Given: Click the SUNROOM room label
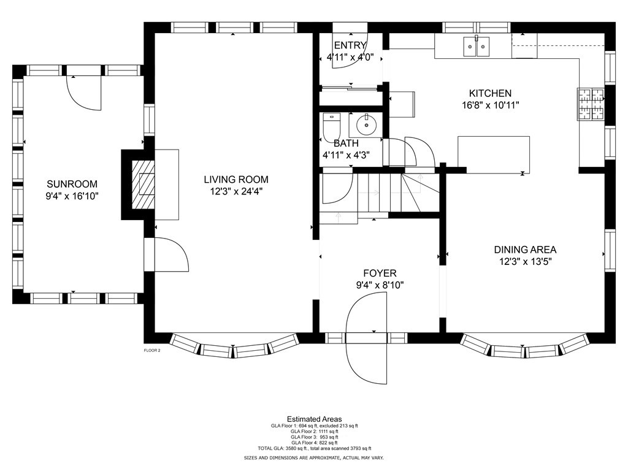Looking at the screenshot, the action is tap(72, 184).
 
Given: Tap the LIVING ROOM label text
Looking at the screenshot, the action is tap(236, 180).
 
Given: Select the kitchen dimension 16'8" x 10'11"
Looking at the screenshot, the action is tap(490, 105).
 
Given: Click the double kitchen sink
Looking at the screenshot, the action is tap(477, 47).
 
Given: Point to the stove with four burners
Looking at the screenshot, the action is tap(591, 104).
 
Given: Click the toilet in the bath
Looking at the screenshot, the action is tap(331, 125).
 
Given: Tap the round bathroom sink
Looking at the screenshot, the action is tap(366, 124).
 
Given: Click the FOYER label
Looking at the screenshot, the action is tap(380, 274).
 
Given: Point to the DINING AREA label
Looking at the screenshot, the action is tap(525, 250).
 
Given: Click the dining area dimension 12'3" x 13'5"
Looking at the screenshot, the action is tap(525, 262).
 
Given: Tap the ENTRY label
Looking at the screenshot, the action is tap(350, 45).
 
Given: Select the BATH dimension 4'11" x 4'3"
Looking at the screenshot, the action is tap(346, 155).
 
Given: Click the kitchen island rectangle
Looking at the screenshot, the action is tap(494, 155).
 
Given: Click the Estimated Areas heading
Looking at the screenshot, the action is tap(315, 419).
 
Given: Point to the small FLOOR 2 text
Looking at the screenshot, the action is tap(152, 350).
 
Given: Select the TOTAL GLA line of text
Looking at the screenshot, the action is tap(315, 448).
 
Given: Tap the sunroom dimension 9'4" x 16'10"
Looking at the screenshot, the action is tap(72, 196).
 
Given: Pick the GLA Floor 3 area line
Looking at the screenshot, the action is tap(315, 437).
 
